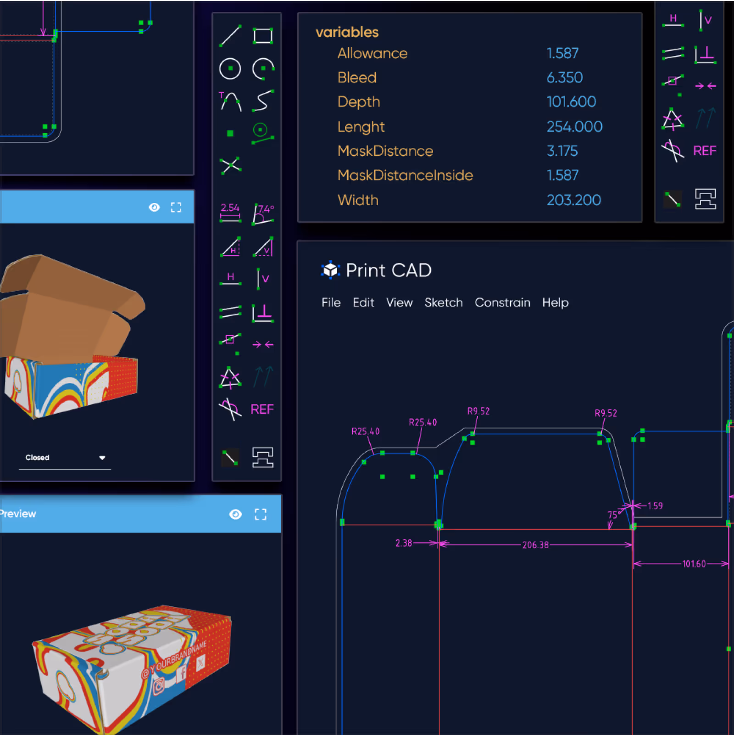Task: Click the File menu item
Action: click(x=331, y=303)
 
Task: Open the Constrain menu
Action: click(x=502, y=303)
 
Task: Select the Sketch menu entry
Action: click(x=443, y=303)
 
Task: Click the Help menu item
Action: click(x=555, y=303)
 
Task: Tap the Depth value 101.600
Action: click(x=571, y=102)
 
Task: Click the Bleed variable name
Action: click(x=357, y=78)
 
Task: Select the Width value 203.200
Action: click(x=573, y=200)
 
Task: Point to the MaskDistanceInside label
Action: click(x=405, y=175)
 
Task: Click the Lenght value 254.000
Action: click(x=574, y=127)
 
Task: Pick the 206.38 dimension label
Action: click(x=535, y=545)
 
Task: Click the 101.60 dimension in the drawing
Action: click(x=694, y=564)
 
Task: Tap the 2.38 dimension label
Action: click(x=404, y=544)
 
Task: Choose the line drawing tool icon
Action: click(x=230, y=36)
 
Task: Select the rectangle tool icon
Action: click(x=263, y=36)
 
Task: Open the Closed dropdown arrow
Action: click(x=102, y=458)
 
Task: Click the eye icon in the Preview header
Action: click(x=235, y=514)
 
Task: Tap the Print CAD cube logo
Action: click(x=330, y=270)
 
